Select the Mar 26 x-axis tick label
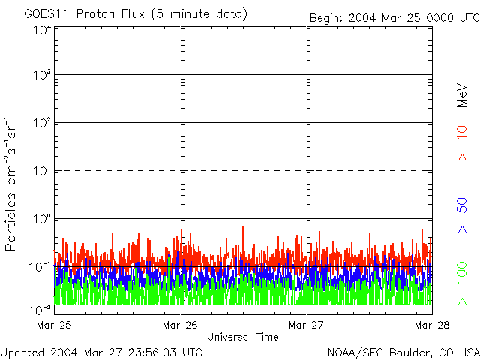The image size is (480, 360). [180, 325]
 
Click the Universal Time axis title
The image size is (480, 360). [242, 337]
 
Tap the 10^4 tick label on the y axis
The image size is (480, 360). [42, 31]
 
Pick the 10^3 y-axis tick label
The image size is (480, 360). [42, 76]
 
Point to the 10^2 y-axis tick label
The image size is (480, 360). [42, 123]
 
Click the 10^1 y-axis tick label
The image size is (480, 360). [42, 171]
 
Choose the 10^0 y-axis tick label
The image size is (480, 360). [42, 219]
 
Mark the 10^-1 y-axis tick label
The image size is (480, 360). [40, 266]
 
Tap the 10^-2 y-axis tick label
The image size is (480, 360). [40, 310]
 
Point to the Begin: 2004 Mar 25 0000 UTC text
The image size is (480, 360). [393, 17]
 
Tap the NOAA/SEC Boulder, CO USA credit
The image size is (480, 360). [403, 352]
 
